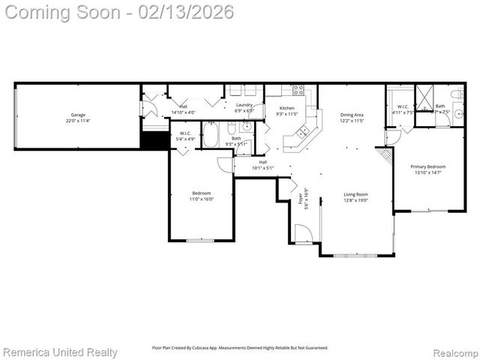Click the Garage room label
(x=77, y=115)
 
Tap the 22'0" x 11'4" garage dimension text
(x=77, y=121)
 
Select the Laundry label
(x=244, y=105)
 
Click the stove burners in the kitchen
(x=298, y=91)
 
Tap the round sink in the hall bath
(x=245, y=127)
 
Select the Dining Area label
(x=352, y=115)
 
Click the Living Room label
(x=355, y=194)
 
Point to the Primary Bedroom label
(x=427, y=166)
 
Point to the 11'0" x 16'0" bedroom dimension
(x=201, y=199)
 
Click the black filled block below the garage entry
(x=154, y=140)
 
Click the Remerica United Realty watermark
(x=60, y=352)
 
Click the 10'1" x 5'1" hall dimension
(x=262, y=168)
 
